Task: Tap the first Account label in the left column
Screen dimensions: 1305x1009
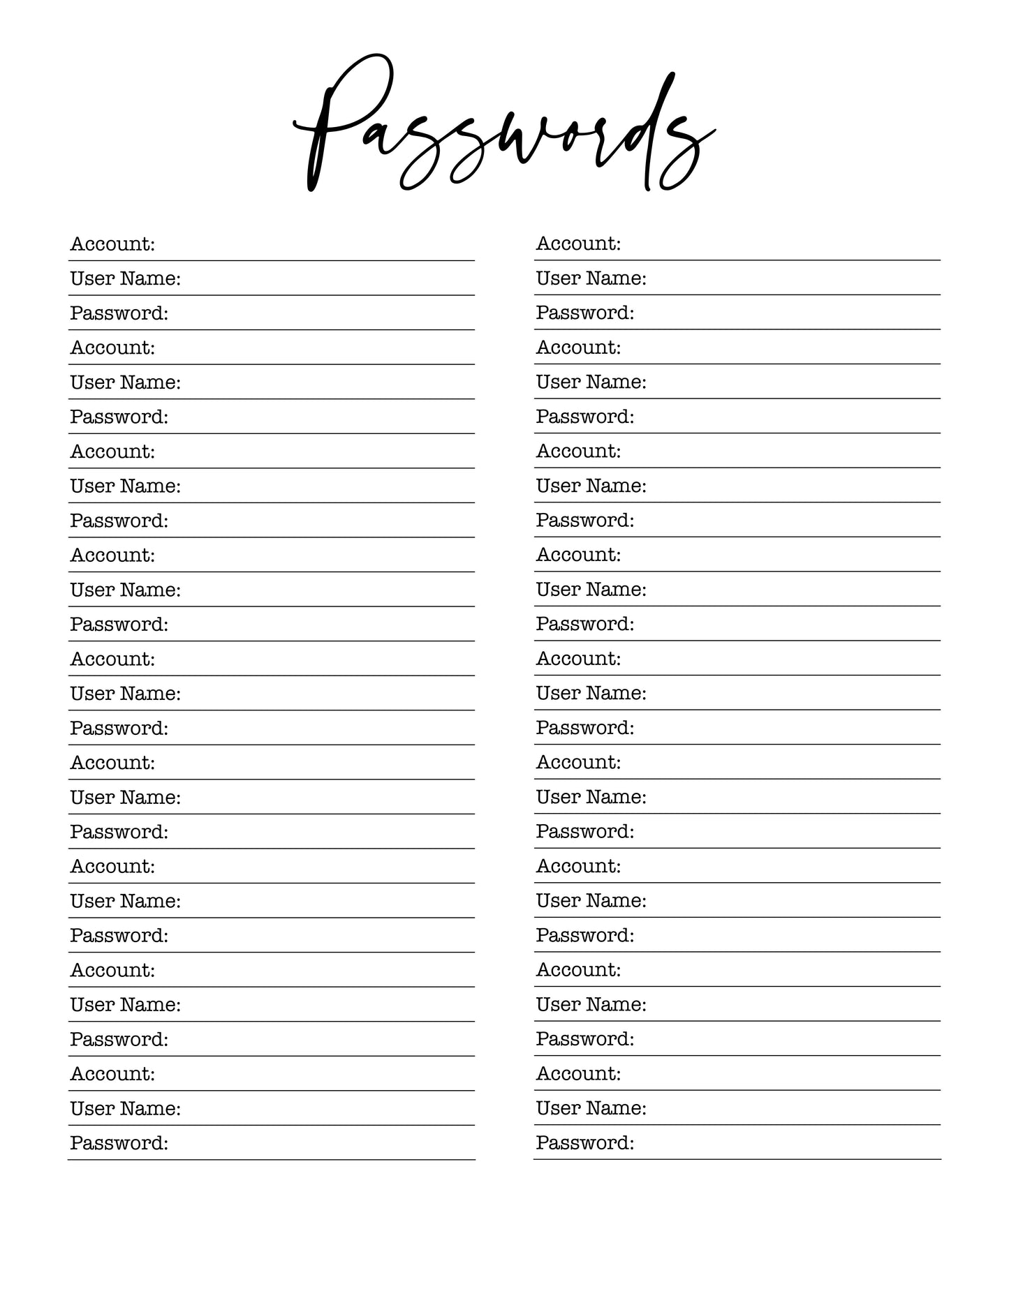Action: pos(112,244)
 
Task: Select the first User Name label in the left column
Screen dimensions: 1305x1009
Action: pos(126,279)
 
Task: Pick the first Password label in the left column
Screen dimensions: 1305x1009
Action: pos(119,313)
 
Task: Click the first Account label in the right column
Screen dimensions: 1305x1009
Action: pos(578,244)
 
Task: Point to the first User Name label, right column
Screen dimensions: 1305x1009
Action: pos(591,278)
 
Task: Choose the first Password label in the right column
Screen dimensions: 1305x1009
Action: pos(585,313)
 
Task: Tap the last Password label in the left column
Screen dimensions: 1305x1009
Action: pos(119,1143)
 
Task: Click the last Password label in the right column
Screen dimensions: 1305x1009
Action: pos(585,1142)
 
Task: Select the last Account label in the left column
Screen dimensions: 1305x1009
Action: pos(112,1073)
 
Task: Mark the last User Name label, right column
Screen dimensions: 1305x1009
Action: pos(591,1108)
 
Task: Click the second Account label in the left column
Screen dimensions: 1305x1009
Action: pos(112,348)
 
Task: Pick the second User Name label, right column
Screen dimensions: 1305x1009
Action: pos(591,382)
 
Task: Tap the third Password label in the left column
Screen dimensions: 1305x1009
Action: pos(119,521)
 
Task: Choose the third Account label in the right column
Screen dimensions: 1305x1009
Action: pos(578,451)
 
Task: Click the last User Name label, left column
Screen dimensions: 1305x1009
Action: pos(126,1108)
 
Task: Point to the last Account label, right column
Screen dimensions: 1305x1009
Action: pos(578,1073)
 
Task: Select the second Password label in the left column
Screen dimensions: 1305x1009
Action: pos(119,417)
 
